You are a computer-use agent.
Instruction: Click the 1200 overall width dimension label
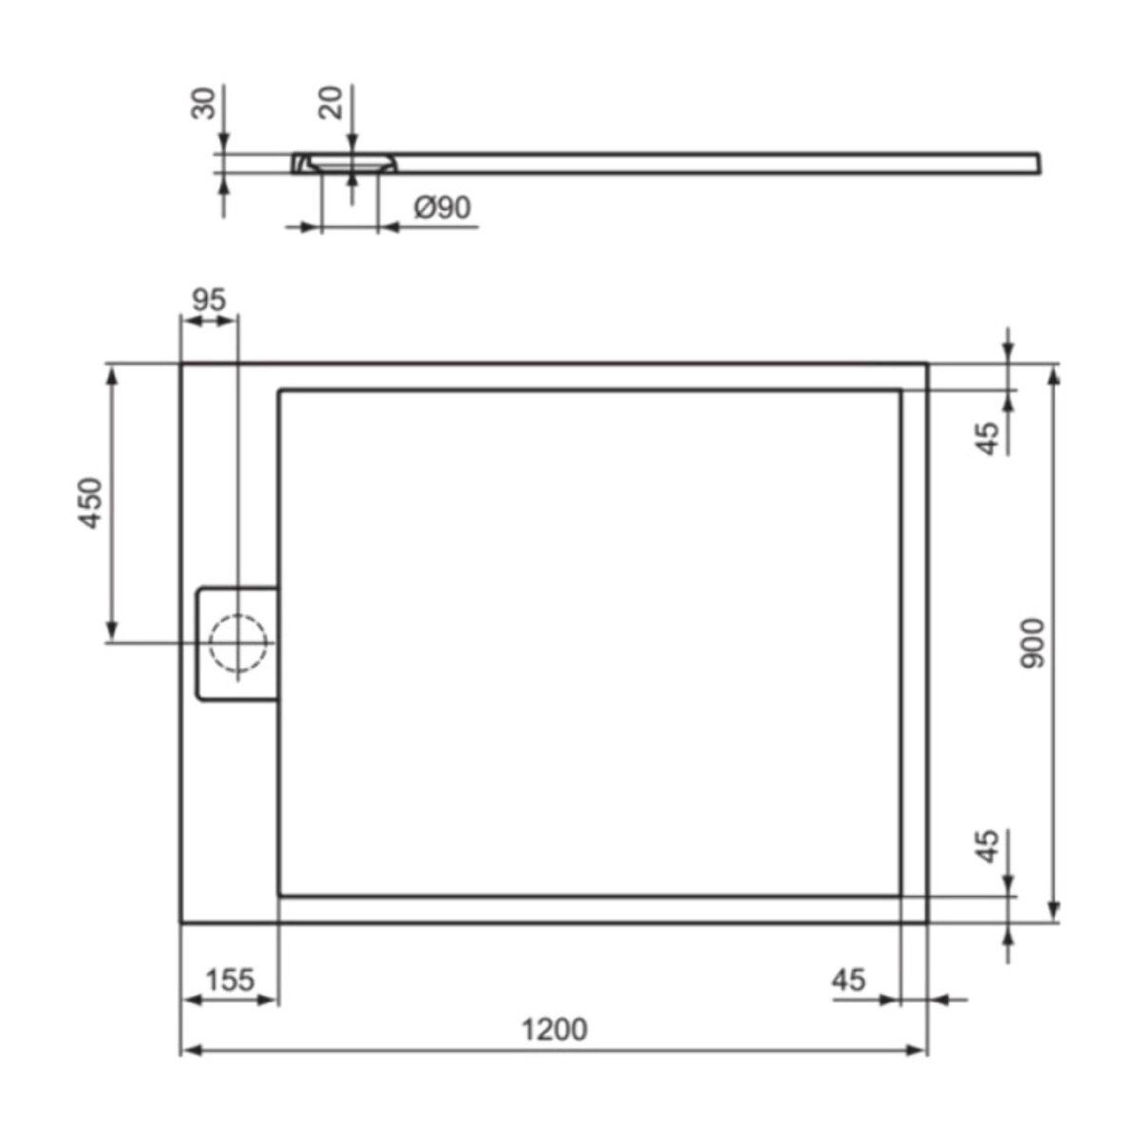click(554, 1029)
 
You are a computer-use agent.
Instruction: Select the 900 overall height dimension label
click(1032, 642)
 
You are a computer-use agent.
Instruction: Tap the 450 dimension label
click(90, 503)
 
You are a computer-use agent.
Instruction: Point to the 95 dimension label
click(209, 299)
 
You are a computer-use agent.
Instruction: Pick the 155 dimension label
click(229, 978)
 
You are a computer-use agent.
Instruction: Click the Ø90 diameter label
click(442, 207)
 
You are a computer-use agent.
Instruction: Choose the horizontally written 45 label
click(848, 978)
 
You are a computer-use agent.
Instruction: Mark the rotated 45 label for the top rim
click(988, 438)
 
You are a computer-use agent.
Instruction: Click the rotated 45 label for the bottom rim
click(988, 845)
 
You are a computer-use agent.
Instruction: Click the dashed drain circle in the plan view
click(237, 642)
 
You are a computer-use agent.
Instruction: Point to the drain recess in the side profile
click(351, 163)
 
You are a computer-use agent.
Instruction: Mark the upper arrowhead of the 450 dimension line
click(112, 376)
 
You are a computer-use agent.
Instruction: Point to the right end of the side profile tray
click(1037, 163)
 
